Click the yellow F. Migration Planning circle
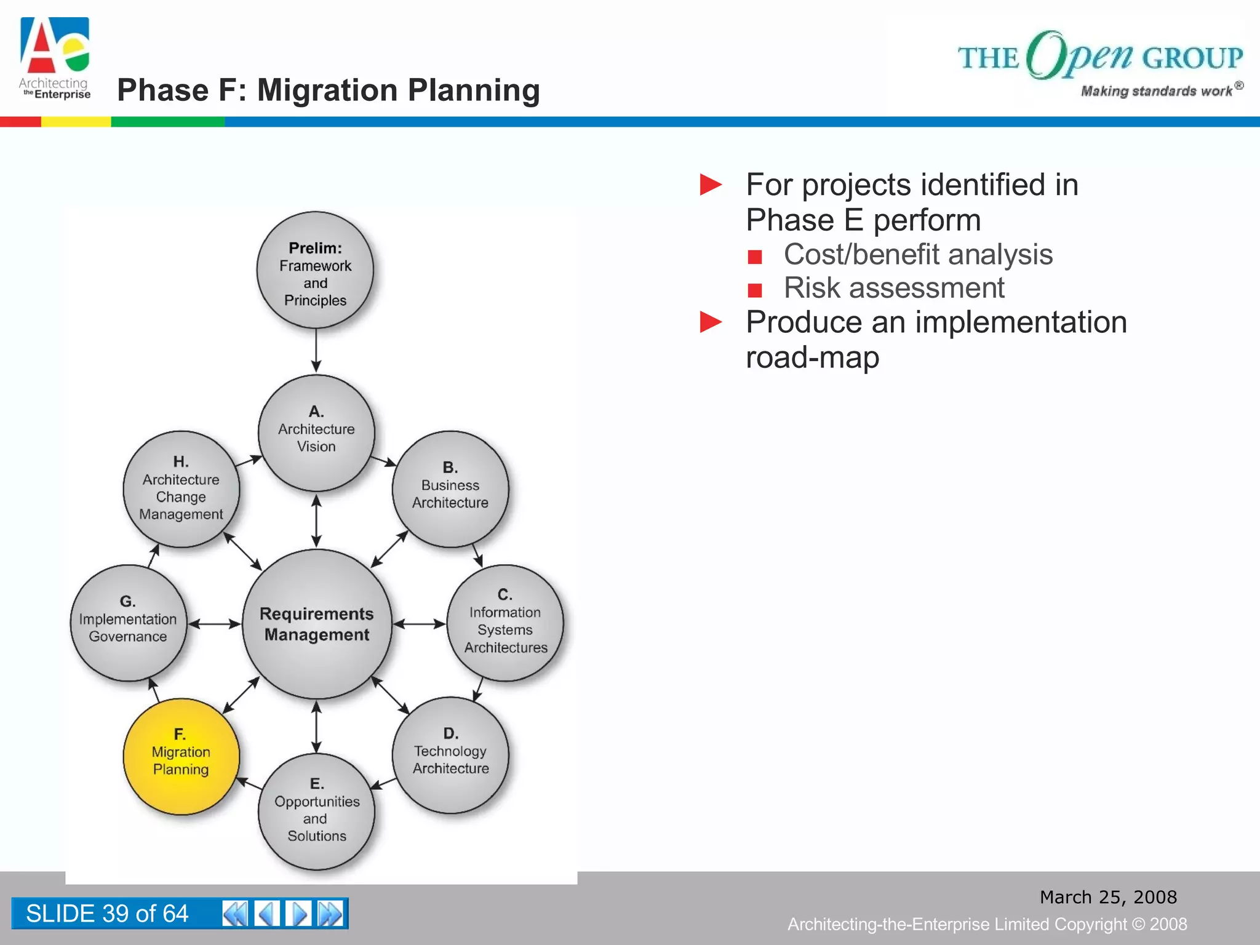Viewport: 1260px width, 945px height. (181, 756)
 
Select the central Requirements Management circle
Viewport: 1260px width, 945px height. (317, 624)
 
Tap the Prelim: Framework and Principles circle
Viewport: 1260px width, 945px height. (315, 270)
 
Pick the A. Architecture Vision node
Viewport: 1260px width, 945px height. (316, 433)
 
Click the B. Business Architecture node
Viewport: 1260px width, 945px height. (450, 489)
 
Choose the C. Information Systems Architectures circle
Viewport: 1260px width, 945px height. (504, 623)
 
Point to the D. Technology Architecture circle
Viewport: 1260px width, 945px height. (450, 755)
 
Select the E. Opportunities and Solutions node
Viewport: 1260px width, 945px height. (316, 811)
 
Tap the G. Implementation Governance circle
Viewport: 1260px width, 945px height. (128, 623)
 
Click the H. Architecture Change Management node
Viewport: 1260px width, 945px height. (181, 489)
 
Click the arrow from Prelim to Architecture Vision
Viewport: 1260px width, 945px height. (316, 351)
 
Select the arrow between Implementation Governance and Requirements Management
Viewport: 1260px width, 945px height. (214, 624)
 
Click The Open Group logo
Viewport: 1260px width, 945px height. (1100, 62)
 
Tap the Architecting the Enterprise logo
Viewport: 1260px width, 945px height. (55, 58)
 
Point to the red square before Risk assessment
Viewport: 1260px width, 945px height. (755, 289)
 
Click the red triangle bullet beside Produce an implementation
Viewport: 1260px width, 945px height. (711, 322)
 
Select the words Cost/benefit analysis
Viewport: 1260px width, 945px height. (917, 255)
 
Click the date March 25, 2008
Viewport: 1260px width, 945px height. (1108, 897)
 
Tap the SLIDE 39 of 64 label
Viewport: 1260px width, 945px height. (107, 913)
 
